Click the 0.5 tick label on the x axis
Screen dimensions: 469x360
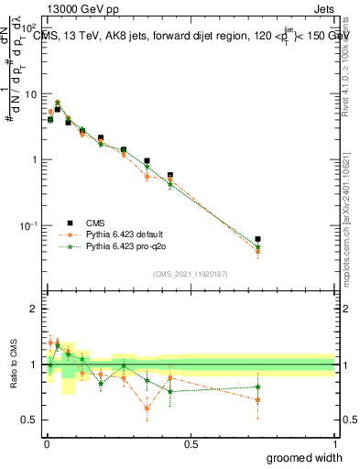(191, 442)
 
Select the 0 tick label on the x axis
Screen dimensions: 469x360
(46, 442)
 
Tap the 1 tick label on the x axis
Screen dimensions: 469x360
(334, 442)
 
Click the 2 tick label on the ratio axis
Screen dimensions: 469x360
(35, 309)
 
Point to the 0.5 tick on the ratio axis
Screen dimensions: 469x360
(31, 420)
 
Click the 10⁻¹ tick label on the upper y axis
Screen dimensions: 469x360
(30, 225)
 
